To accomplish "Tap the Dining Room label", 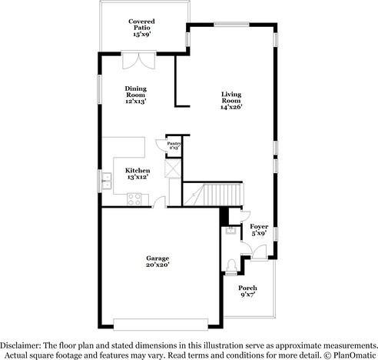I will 136,94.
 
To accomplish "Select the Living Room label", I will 231,101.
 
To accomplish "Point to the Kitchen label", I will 138,173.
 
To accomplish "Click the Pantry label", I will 174,144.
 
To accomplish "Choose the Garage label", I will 157,261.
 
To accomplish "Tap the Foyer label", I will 259,230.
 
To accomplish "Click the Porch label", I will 247,291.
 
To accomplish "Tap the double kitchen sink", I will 105,182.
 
